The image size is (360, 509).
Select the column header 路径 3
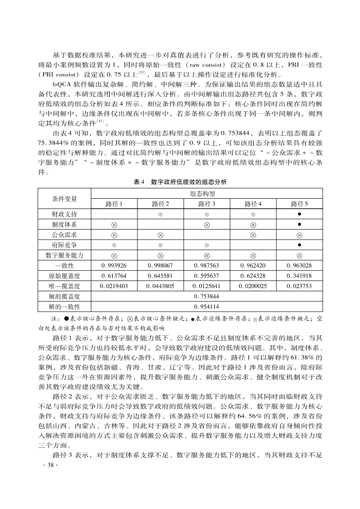click(x=207, y=204)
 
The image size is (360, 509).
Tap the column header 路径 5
click(x=299, y=204)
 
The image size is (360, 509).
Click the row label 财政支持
click(x=64, y=214)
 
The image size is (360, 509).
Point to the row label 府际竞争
click(x=64, y=245)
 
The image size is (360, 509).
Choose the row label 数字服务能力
click(x=64, y=255)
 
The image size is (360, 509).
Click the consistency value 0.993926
click(x=114, y=265)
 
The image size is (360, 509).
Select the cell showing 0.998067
click(x=160, y=265)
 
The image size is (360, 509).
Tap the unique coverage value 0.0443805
click(x=160, y=286)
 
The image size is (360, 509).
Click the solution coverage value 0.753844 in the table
click(x=207, y=297)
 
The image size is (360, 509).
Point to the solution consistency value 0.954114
click(x=207, y=307)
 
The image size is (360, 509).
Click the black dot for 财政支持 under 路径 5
click(x=299, y=214)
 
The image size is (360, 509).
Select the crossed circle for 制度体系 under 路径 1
click(x=114, y=225)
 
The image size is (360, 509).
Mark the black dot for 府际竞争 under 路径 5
click(x=299, y=245)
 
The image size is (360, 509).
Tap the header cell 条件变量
click(x=64, y=198)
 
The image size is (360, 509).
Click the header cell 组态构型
click(x=207, y=193)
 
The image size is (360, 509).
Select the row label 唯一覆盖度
click(x=64, y=286)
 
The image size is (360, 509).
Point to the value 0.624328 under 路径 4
click(x=253, y=276)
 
